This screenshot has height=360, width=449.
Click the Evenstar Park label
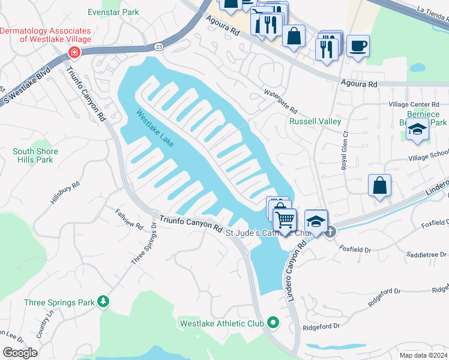(x=113, y=12)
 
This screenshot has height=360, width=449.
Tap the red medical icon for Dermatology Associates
(x=74, y=53)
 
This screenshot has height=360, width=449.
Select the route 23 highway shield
(x=158, y=46)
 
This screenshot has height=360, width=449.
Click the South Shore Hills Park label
(x=41, y=155)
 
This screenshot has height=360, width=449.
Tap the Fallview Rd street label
(x=130, y=218)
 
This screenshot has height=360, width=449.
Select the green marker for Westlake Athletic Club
(x=274, y=323)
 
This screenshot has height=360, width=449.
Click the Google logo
(x=20, y=353)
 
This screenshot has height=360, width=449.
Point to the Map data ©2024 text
(x=423, y=355)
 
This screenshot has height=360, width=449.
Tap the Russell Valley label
(x=315, y=121)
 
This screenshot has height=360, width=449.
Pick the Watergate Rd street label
(x=281, y=102)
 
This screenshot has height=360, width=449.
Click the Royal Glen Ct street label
(x=345, y=151)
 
